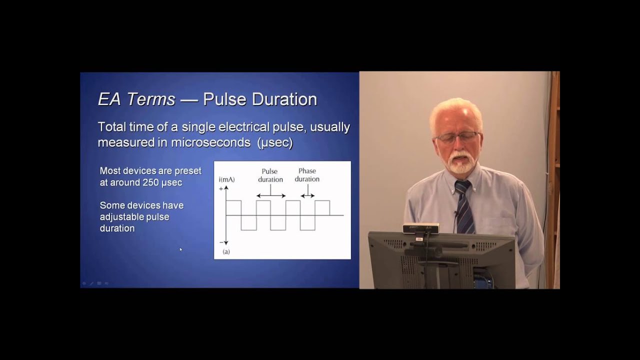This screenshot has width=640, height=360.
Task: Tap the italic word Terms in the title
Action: coord(150,99)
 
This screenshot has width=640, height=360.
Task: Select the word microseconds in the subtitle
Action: coord(210,142)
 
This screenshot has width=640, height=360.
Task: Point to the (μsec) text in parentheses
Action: coord(275,142)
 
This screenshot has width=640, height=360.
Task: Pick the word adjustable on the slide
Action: coord(122,217)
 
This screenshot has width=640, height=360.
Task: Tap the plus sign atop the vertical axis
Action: coord(220,188)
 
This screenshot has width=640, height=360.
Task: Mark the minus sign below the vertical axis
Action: coord(220,242)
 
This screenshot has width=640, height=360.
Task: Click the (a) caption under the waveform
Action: coord(226,251)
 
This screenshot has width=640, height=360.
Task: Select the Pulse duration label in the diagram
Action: coord(270,175)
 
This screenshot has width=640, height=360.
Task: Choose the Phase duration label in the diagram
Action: coord(307,175)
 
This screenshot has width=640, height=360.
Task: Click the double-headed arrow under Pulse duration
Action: coord(271,195)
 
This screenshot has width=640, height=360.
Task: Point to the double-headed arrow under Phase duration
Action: coord(307,195)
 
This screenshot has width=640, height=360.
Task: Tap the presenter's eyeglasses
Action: coord(457,136)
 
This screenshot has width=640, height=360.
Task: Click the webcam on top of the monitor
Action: coord(421,228)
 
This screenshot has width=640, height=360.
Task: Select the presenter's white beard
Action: coord(460,163)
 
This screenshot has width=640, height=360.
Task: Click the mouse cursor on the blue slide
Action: coord(180,248)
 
